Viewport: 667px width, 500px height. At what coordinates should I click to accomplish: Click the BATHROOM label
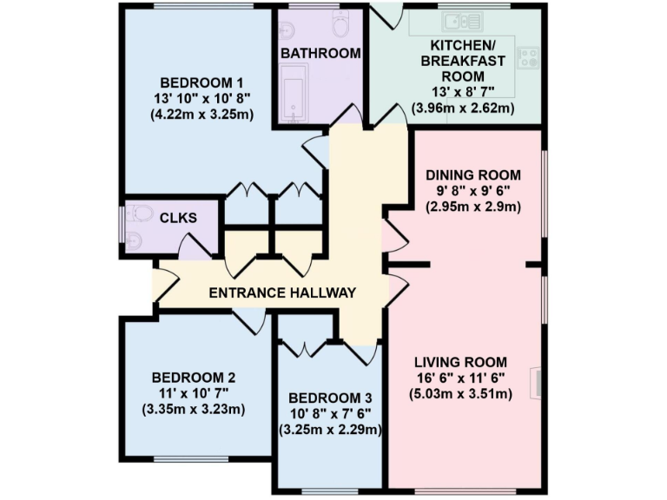pos(320,54)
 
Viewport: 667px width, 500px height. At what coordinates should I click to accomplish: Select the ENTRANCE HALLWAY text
pos(282,293)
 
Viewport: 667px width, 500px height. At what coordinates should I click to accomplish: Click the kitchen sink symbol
pos(462,21)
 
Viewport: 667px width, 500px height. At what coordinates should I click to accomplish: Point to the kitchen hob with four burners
pos(528,58)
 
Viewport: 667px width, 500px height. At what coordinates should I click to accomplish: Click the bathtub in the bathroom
pos(294,94)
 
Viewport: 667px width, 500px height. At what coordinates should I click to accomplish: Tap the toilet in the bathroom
pos(341,23)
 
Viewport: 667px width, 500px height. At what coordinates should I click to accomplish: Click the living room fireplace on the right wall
pos(536,383)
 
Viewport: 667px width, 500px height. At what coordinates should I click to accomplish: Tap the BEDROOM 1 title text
pos(201,82)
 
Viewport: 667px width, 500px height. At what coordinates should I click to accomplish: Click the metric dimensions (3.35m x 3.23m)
pos(194,410)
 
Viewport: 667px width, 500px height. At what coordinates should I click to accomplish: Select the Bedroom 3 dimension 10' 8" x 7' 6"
pos(330,414)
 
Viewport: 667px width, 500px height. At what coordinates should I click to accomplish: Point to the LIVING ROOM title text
pos(460,362)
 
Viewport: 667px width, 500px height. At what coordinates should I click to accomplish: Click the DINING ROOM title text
pos(473,175)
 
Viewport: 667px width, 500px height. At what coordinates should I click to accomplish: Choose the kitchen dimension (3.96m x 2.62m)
pos(463,108)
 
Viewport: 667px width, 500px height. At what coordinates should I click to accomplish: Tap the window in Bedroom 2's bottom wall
pos(191,458)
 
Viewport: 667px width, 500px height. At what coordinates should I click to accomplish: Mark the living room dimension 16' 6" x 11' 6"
pos(460,378)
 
